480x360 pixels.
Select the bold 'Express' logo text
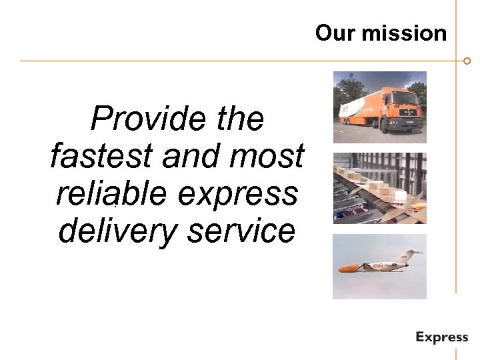click(441, 337)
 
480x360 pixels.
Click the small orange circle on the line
click(467, 61)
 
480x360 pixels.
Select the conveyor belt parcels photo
click(379, 188)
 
